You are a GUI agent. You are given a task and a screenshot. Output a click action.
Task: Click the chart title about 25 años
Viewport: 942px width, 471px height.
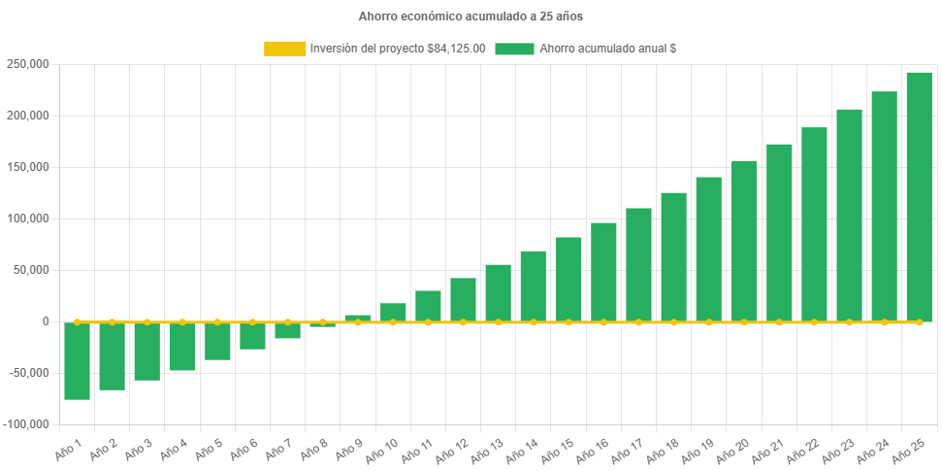(471, 17)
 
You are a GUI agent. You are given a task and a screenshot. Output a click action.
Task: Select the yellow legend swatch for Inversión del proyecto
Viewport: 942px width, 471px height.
(284, 49)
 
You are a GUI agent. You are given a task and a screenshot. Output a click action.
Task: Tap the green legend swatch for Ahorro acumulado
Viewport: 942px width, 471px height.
(514, 49)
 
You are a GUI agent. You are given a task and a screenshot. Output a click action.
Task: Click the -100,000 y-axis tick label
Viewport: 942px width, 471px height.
(27, 424)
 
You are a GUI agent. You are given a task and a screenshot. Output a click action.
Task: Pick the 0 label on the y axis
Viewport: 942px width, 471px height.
(45, 321)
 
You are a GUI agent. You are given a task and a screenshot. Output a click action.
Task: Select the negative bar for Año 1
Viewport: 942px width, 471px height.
(78, 360)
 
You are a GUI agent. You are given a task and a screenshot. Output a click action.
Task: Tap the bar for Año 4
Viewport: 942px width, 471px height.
(182, 346)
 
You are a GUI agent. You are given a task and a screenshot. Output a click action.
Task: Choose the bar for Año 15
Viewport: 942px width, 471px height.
(568, 279)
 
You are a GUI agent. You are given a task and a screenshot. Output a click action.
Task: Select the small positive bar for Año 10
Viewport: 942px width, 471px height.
(393, 312)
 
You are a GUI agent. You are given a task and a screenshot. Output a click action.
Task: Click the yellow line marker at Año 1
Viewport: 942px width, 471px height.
(78, 321)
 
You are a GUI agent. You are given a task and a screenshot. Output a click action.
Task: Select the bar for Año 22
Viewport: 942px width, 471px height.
(814, 224)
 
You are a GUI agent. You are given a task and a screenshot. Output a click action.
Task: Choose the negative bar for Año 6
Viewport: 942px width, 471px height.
(252, 335)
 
